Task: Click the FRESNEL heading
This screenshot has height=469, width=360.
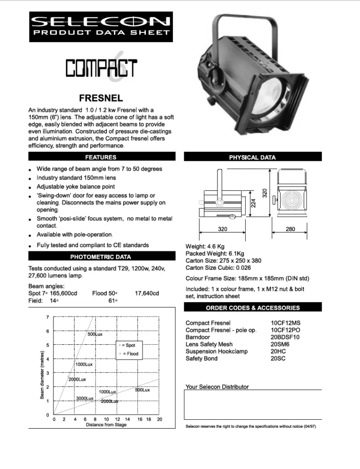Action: (101, 98)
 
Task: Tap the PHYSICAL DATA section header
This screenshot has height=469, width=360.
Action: (252, 157)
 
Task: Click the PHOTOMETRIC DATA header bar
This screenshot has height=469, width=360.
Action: (101, 257)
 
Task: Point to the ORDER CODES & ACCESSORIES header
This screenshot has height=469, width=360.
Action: (253, 308)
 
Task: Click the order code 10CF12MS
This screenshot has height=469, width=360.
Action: (286, 323)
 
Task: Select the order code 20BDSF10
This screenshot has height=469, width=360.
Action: (285, 337)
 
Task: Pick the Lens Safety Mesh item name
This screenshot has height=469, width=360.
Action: (209, 344)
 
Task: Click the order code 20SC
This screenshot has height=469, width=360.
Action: (278, 358)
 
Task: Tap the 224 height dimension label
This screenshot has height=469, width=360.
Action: (254, 203)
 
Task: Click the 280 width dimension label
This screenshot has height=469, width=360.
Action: (291, 229)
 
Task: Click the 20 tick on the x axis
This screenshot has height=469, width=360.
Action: (159, 419)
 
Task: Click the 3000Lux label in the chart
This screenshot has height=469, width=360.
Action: (85, 398)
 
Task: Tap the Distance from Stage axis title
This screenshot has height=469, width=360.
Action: (106, 425)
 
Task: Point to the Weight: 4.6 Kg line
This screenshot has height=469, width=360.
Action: (204, 246)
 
